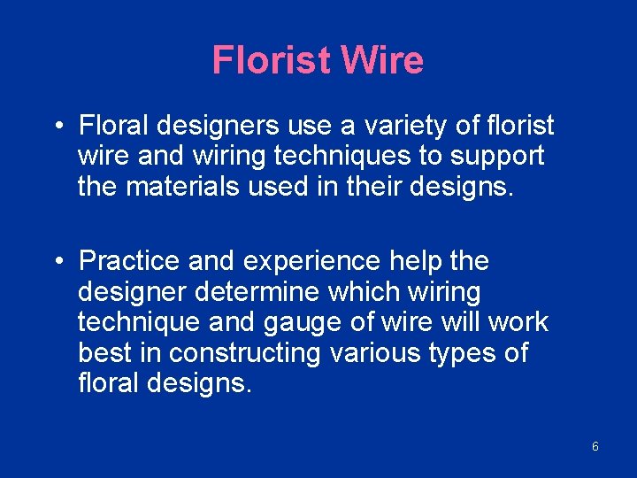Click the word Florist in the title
pyautogui.click(x=272, y=60)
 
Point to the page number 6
pyautogui.click(x=595, y=446)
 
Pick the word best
pyautogui.click(x=104, y=352)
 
